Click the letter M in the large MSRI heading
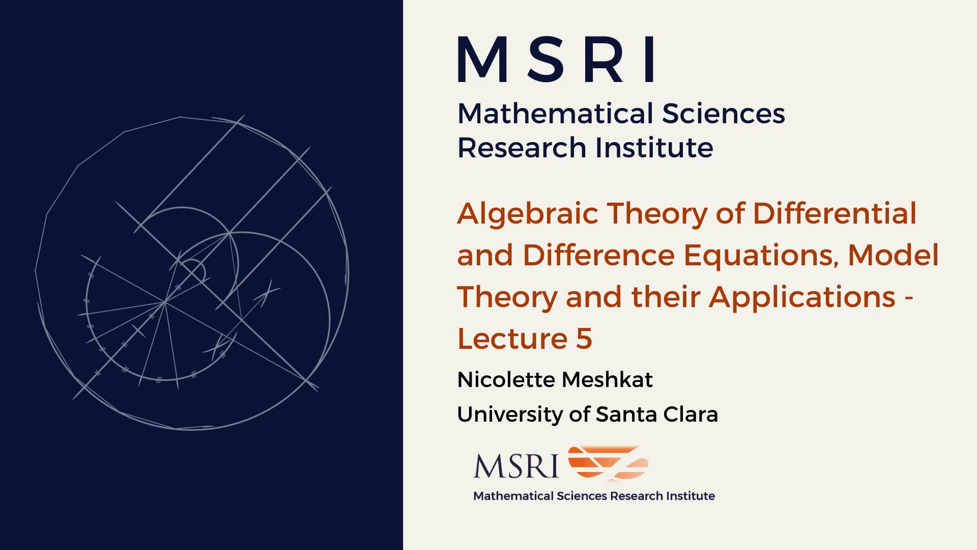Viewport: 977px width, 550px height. [x=483, y=59]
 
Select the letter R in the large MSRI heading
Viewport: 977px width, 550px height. [x=606, y=59]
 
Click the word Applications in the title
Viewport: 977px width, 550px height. [x=802, y=298]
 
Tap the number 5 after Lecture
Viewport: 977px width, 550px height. [x=584, y=339]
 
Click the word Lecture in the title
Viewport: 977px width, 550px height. [x=512, y=339]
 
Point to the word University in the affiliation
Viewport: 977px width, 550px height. [x=510, y=415]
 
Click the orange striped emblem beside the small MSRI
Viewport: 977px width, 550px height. [x=608, y=463]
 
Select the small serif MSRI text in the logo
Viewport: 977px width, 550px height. [x=516, y=465]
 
